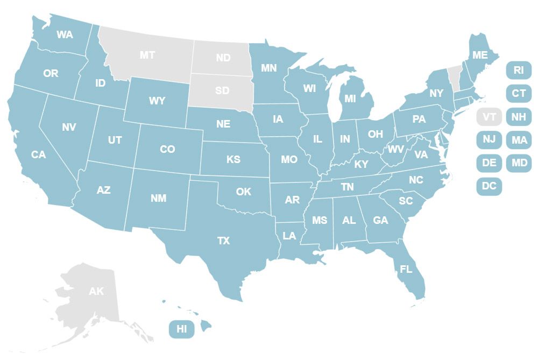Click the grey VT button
(x=489, y=117)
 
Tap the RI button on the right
(x=519, y=70)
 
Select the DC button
(x=489, y=186)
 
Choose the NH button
(x=519, y=117)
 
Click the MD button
(x=519, y=163)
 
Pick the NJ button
(x=489, y=140)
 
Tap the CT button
(x=519, y=93)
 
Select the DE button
(x=489, y=163)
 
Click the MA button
(x=519, y=140)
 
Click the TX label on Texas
(x=223, y=241)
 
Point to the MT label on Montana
(x=147, y=55)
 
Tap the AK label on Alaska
(x=96, y=292)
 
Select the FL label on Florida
(x=405, y=269)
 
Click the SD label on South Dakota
(x=222, y=90)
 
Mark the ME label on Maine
(x=479, y=55)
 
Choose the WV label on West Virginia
(x=396, y=149)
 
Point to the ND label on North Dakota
(x=223, y=58)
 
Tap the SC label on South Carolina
(x=406, y=201)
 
